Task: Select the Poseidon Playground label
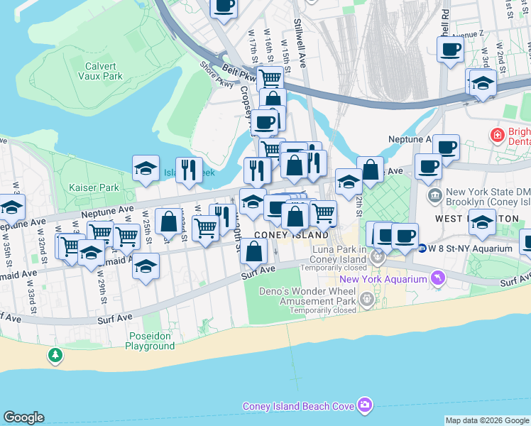click(150, 341)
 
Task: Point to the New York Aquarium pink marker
click(439, 279)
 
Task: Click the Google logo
click(23, 417)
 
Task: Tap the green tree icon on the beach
click(55, 354)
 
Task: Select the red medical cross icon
click(498, 134)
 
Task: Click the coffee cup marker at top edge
click(224, 7)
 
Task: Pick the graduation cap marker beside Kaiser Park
click(146, 169)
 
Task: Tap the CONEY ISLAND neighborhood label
click(301, 235)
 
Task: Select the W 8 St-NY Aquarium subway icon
click(422, 248)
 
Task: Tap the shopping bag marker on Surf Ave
click(253, 251)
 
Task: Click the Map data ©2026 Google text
click(487, 420)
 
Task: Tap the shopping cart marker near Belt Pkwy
click(270, 77)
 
